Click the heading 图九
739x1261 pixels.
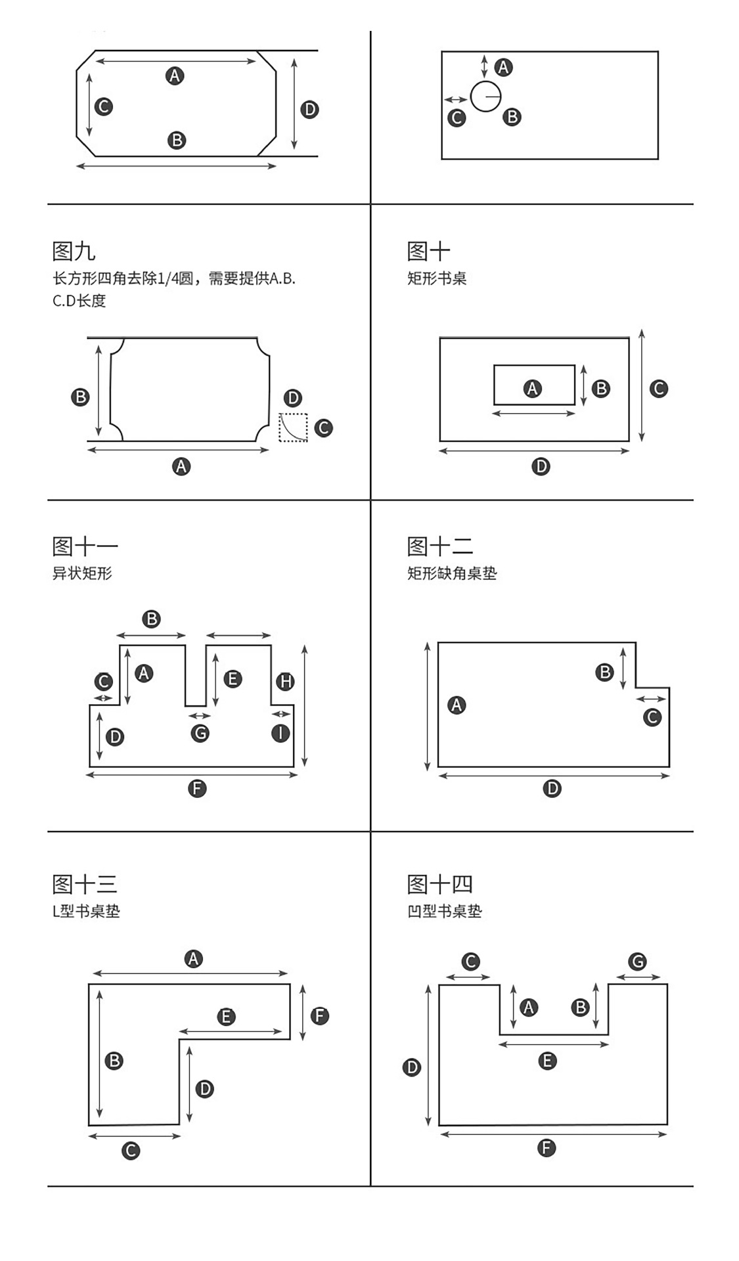(74, 251)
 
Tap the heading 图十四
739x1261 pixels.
(439, 884)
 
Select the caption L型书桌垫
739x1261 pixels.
(86, 912)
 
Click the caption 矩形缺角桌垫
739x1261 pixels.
(452, 573)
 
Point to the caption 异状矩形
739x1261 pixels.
(82, 573)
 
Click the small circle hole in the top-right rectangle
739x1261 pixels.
(485, 97)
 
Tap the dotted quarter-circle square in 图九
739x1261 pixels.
(293, 428)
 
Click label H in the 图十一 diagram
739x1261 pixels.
(285, 682)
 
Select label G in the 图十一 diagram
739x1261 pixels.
(200, 733)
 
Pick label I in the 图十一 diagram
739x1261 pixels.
(281, 732)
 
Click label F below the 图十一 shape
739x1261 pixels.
(197, 788)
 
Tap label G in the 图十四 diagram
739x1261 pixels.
(637, 962)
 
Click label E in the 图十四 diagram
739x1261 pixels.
(547, 1061)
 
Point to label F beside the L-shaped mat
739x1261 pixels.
(319, 1016)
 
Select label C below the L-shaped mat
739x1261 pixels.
(131, 1151)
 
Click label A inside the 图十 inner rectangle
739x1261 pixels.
(532, 389)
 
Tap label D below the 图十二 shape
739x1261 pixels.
(552, 788)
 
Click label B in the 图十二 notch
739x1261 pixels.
(604, 673)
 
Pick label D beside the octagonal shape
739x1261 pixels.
(309, 109)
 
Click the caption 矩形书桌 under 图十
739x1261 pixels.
(437, 278)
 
